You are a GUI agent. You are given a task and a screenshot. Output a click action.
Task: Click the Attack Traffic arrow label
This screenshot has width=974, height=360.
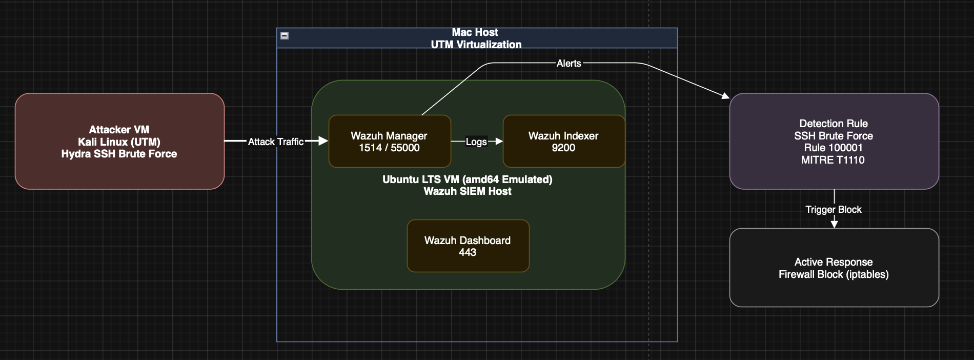coord(275,142)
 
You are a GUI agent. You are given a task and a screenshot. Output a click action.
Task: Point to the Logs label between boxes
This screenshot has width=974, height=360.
coord(476,142)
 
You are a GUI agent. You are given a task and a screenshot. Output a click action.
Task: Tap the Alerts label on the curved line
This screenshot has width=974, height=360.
coord(569,63)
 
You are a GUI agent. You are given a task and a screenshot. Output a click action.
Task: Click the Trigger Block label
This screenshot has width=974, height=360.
coord(833,209)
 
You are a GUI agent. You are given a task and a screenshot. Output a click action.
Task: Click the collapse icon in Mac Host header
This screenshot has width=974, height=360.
coord(285,35)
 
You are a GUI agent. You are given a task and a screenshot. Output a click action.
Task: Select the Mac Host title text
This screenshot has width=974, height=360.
coord(475,32)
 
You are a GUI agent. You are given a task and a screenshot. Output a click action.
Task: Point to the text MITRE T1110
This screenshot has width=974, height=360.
coord(833,160)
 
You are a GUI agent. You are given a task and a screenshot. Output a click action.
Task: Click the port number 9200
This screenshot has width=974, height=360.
coord(563,148)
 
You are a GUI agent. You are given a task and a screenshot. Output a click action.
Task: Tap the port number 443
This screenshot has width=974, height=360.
coord(468,252)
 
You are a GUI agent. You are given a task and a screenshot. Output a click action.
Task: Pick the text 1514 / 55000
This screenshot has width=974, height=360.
coord(389,148)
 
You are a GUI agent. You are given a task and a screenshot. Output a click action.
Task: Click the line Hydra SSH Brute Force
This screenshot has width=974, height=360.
coord(119,154)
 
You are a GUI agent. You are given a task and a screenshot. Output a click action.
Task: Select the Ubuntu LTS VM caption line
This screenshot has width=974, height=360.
coord(467,179)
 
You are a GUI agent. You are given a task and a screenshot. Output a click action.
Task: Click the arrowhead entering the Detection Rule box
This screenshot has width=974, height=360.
coord(725,95)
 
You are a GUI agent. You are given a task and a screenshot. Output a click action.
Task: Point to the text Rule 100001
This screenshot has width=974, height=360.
coord(833,148)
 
